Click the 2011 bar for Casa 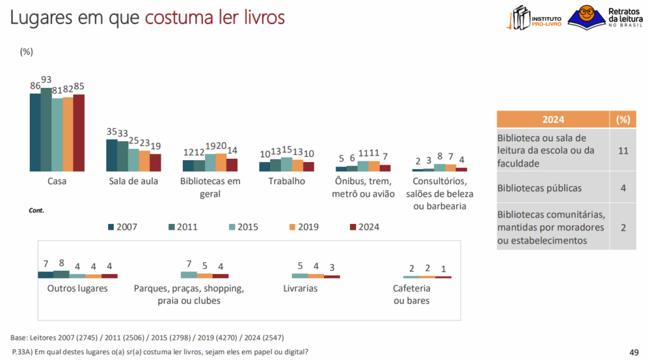46,130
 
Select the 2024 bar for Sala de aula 155,163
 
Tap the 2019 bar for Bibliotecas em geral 221,163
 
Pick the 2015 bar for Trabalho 286,164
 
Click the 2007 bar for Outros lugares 46,275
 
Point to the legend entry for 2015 243,227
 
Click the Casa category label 57,181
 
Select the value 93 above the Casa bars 46,80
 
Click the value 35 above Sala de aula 111,132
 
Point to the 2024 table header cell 553,120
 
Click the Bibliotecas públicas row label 539,188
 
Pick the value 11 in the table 623,151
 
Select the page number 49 633,352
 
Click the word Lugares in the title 40,17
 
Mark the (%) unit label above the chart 27,52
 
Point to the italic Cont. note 37,210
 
